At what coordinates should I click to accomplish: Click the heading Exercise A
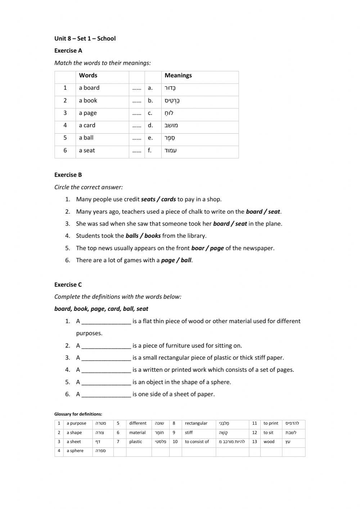tap(68, 50)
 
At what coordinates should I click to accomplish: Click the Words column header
tap(88, 75)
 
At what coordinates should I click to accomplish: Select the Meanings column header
tap(178, 75)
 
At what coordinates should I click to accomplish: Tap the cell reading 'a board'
tap(89, 88)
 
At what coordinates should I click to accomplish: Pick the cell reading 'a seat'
tap(87, 151)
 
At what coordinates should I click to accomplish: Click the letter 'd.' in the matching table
tap(150, 125)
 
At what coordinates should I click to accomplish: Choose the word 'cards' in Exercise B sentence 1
tap(168, 199)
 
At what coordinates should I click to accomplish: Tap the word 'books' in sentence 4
tap(152, 236)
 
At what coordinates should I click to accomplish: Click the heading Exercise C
tap(68, 285)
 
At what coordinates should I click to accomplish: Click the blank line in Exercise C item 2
tap(106, 346)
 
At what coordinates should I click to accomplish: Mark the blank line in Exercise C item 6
tap(106, 394)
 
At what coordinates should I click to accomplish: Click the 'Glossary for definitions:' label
tap(78, 414)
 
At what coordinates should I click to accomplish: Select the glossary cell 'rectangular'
tap(196, 423)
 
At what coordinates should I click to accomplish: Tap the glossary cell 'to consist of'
tap(197, 442)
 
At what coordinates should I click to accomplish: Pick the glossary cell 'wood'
tap(269, 442)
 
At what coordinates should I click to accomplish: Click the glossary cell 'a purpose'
tap(76, 423)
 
